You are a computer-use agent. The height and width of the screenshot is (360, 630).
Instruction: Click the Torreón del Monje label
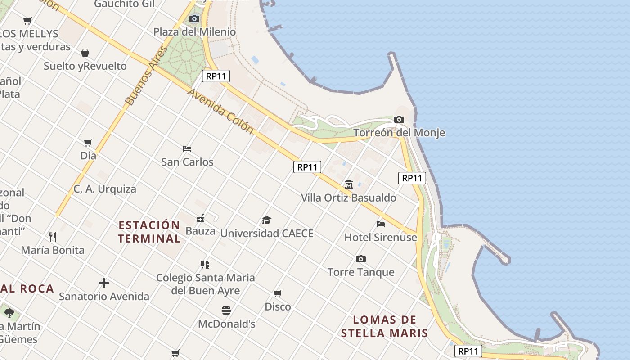tap(399, 133)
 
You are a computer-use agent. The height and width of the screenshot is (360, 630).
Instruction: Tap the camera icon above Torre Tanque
tap(360, 259)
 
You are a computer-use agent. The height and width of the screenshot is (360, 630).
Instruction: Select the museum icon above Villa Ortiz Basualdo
tap(348, 184)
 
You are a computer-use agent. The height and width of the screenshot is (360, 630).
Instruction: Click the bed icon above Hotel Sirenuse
tap(381, 224)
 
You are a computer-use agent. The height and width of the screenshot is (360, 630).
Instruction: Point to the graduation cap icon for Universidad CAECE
tap(267, 220)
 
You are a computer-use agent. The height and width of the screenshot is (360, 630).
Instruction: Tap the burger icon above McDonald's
tap(226, 310)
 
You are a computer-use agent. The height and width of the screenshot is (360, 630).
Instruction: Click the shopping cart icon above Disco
tap(278, 293)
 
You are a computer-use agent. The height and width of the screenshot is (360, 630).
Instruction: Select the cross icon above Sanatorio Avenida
tap(104, 283)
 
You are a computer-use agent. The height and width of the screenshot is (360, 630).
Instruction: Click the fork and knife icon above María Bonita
tap(53, 237)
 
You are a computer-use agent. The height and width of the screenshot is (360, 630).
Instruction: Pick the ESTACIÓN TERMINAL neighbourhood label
tap(149, 232)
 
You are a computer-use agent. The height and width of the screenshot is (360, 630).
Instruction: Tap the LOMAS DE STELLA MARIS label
tap(384, 326)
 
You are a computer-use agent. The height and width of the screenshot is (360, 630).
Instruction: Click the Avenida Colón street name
tap(220, 111)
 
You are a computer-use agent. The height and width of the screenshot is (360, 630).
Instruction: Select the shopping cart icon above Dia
tap(88, 143)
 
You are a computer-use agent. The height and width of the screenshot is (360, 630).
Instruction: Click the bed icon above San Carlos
tap(187, 148)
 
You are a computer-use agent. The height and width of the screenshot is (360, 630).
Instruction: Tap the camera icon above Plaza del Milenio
tap(194, 18)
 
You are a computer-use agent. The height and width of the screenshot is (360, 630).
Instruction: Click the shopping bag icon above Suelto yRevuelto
tap(85, 53)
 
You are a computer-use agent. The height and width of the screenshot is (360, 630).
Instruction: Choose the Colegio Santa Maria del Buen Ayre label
tap(206, 284)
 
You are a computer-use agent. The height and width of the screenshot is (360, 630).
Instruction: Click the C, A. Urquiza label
tap(105, 189)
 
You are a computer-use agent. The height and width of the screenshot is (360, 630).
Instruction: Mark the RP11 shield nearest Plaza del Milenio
tap(216, 76)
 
